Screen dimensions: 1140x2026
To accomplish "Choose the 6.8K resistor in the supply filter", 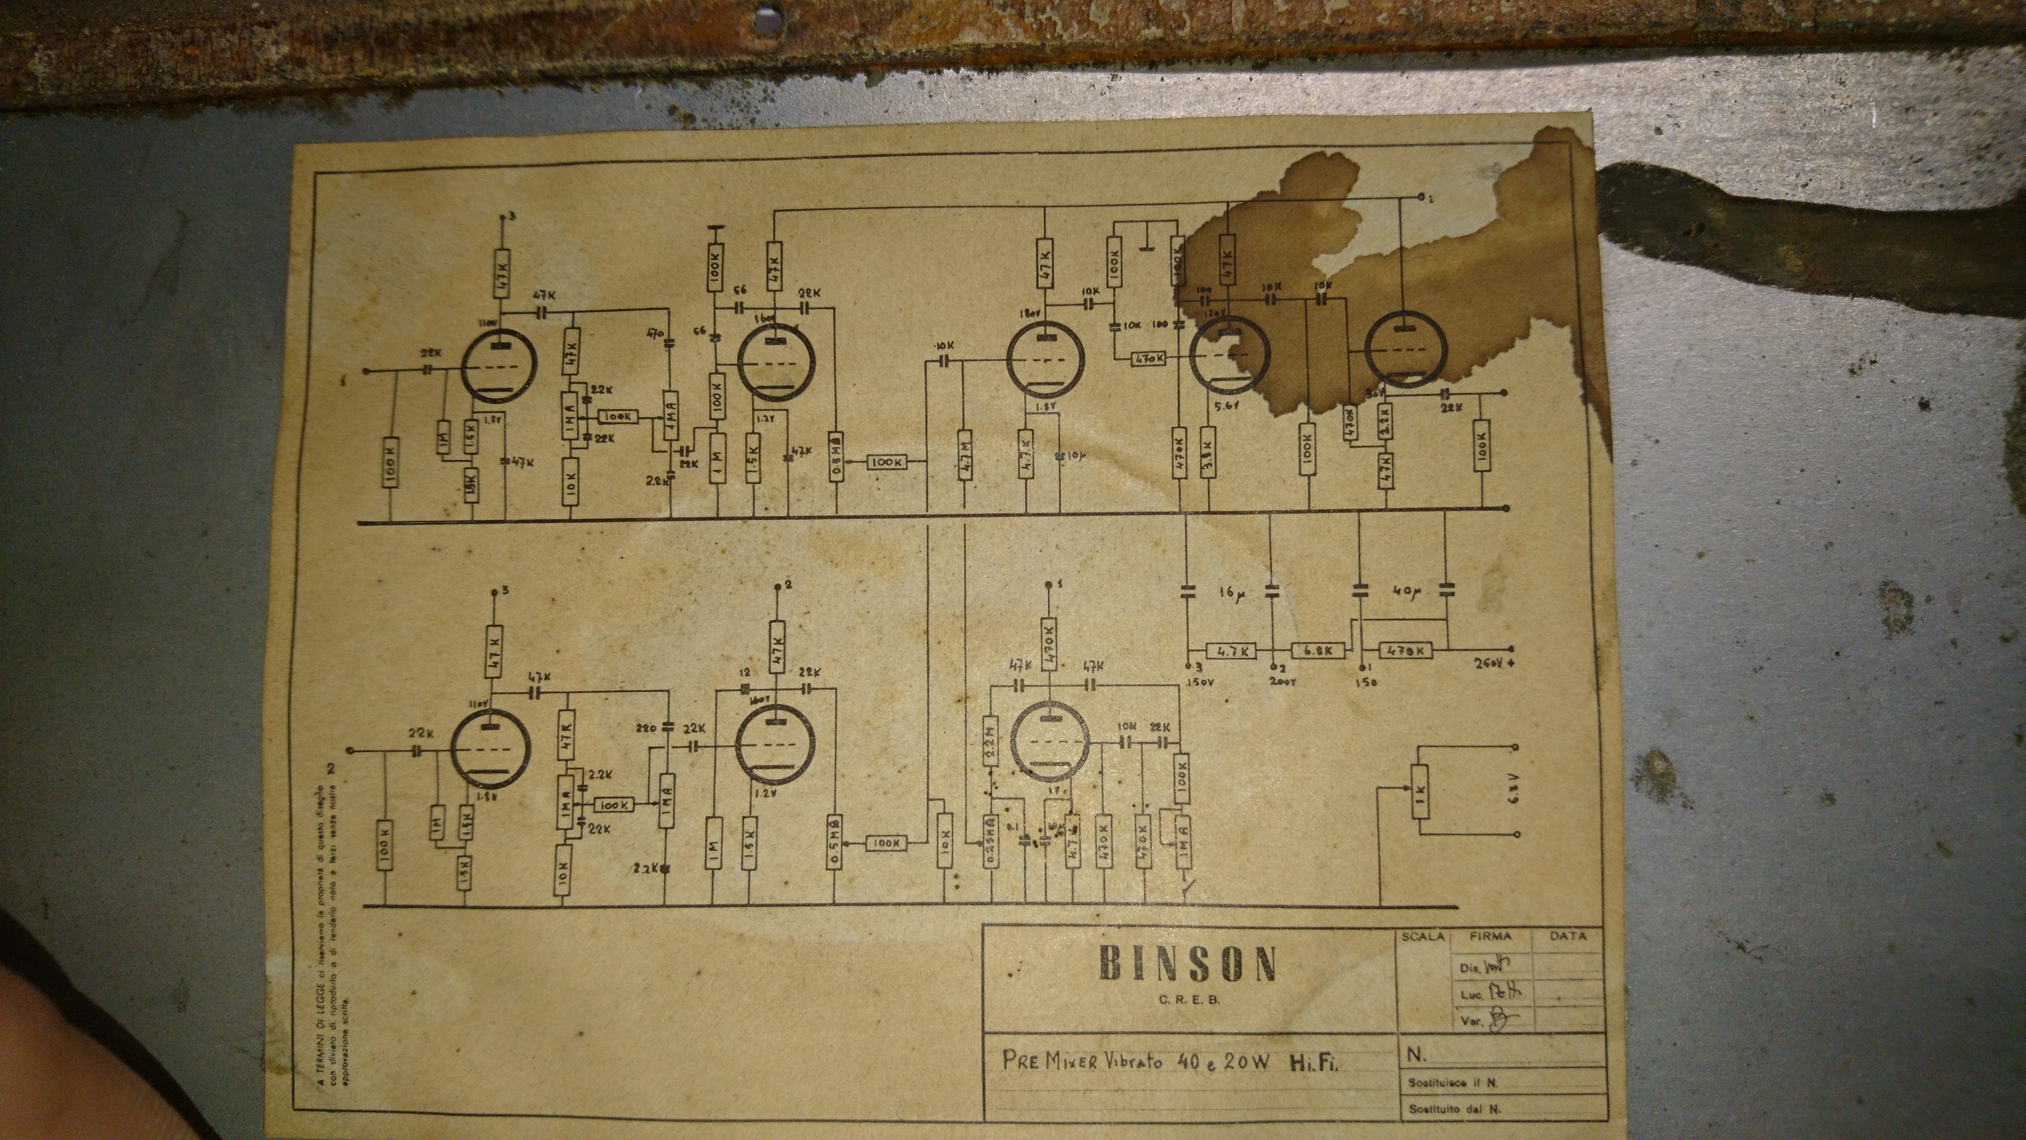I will [x=1317, y=651].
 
